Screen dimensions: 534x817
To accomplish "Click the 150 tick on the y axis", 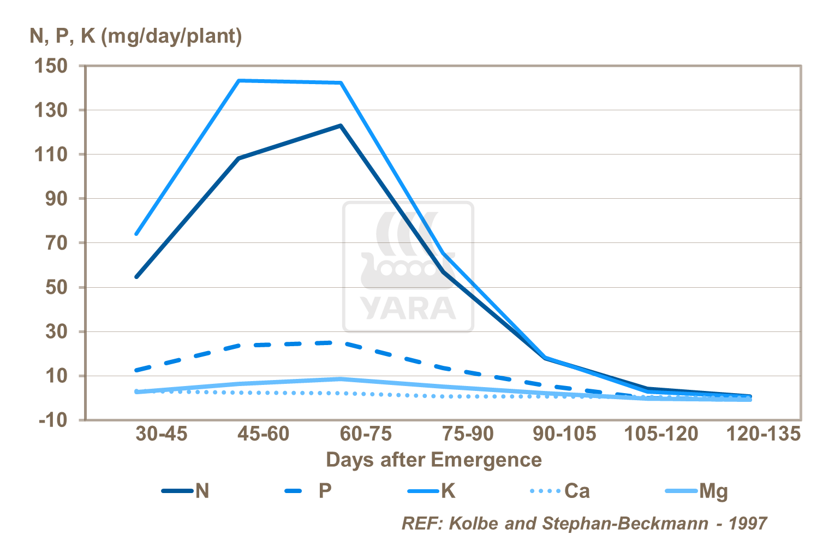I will point(51,67).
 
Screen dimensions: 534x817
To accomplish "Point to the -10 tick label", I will point(53,420).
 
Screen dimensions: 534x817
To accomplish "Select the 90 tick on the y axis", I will point(57,199).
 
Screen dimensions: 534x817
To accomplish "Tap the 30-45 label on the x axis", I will point(161,434).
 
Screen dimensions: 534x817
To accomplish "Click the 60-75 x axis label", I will point(366,434).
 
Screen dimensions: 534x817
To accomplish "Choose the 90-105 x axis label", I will point(564,434).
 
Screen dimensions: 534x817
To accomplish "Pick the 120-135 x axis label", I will point(763,434).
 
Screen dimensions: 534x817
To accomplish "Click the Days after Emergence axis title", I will point(434,460).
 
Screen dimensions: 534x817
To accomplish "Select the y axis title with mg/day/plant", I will point(136,36).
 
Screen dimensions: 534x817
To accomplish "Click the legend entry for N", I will point(186,491).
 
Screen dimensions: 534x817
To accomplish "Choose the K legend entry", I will point(432,491).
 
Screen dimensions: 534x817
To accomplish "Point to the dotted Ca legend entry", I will point(560,491).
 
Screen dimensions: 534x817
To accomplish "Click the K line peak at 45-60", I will point(239,81).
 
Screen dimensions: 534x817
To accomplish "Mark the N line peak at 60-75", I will point(340,126).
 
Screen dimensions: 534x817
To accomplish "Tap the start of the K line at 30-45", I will point(136,234).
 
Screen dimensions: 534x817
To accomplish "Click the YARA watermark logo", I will point(408,266).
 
